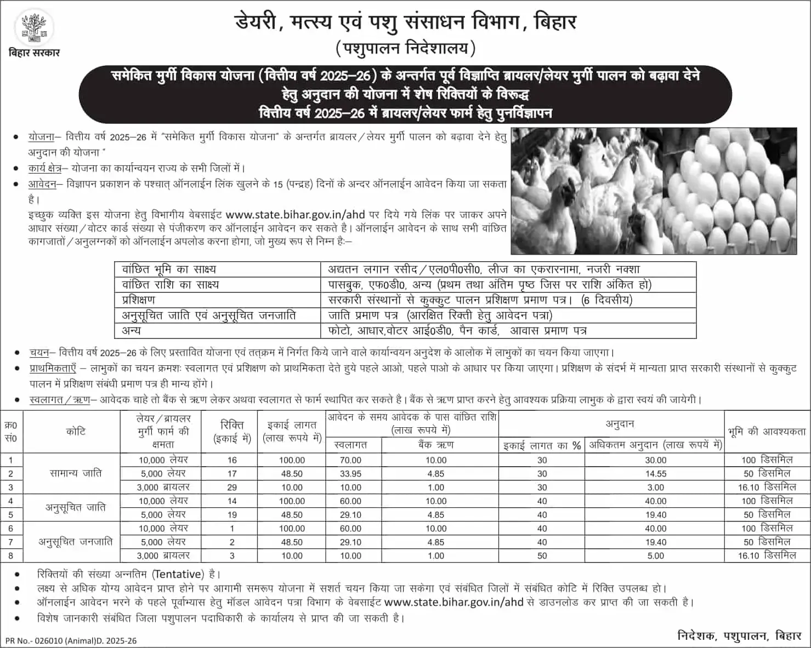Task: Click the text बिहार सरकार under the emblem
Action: [x=34, y=53]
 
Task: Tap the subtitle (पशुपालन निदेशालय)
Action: [x=405, y=49]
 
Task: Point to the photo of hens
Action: [x=586, y=191]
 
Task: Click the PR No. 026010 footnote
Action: [x=71, y=640]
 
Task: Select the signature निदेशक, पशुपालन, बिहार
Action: [x=739, y=635]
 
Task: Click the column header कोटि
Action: [x=76, y=432]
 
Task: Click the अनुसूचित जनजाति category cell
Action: [x=76, y=542]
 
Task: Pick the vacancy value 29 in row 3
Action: [x=232, y=487]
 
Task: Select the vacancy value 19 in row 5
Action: [x=232, y=514]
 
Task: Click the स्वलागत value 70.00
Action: [x=351, y=460]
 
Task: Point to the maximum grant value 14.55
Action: [x=655, y=474]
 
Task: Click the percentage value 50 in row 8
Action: [x=542, y=555]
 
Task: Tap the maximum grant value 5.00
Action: [x=655, y=555]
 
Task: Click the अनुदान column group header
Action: [x=620, y=424]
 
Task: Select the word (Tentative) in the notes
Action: [x=178, y=574]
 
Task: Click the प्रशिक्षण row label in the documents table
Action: [x=139, y=300]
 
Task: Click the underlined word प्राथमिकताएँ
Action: [x=53, y=368]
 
